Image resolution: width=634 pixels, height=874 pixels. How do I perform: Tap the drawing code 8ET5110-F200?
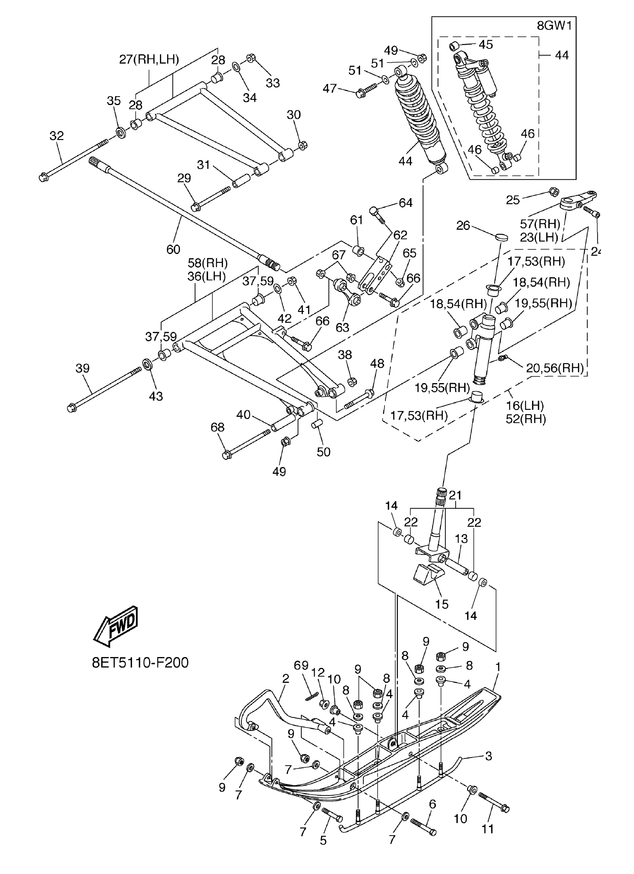(x=140, y=662)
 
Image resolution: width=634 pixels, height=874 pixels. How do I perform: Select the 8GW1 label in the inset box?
(x=554, y=26)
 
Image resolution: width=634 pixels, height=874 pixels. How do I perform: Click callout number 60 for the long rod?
(x=173, y=249)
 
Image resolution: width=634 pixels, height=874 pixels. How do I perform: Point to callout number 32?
(x=57, y=136)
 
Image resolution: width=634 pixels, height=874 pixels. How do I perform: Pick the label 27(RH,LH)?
(x=149, y=59)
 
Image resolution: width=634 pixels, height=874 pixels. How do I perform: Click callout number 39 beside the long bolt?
(x=82, y=368)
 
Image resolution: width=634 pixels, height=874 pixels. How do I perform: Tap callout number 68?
(x=217, y=427)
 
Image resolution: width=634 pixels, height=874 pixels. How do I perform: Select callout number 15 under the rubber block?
(x=442, y=604)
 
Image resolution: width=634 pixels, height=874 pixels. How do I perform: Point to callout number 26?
(x=463, y=225)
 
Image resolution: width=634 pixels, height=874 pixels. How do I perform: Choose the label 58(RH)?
(x=208, y=263)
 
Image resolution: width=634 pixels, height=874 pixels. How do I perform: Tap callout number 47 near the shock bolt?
(x=330, y=89)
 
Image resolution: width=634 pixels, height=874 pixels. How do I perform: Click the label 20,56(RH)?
(x=555, y=368)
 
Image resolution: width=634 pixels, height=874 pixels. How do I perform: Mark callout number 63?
(x=342, y=327)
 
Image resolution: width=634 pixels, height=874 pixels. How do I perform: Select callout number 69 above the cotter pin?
(x=301, y=666)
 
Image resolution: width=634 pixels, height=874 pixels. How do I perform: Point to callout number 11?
(x=488, y=829)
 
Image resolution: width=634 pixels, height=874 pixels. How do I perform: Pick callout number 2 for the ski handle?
(x=286, y=679)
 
